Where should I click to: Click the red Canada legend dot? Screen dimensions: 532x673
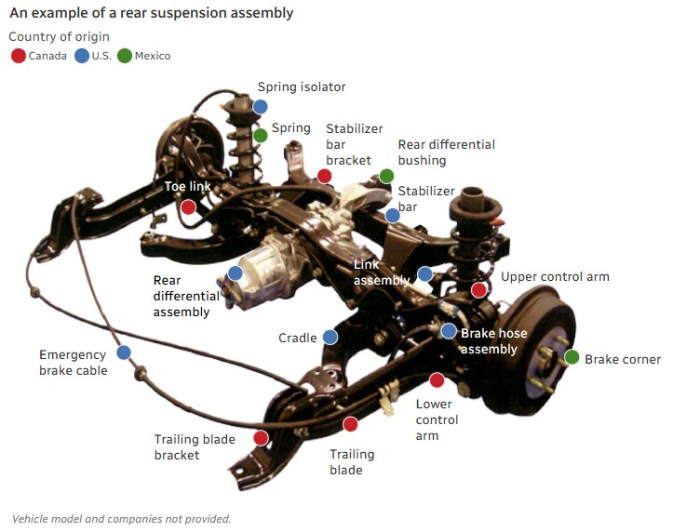[x=18, y=56]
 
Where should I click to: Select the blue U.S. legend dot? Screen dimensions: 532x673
[x=82, y=56]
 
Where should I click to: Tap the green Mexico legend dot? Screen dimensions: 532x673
[x=125, y=56]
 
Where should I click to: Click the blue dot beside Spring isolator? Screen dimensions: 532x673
[x=261, y=106]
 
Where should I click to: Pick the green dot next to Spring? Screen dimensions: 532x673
[x=261, y=136]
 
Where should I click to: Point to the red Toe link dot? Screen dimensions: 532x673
[x=188, y=206]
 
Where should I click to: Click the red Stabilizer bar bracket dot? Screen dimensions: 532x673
[x=324, y=176]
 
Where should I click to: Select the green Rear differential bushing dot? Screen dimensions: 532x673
[x=387, y=176]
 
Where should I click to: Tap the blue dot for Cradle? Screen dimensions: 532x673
[x=330, y=338]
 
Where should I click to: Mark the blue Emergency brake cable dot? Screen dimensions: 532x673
[x=124, y=352]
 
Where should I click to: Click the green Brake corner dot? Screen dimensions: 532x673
[x=572, y=357]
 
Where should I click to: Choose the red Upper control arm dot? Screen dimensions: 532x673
[x=478, y=290]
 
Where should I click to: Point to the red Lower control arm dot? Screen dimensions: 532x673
[x=437, y=379]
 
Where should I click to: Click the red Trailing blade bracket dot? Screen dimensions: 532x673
[x=261, y=437]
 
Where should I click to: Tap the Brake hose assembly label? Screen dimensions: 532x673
[x=493, y=341]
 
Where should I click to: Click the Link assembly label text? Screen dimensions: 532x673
[x=381, y=273]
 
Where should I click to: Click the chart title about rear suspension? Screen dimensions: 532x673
[x=151, y=13]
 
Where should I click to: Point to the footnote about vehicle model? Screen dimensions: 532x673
[x=121, y=519]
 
